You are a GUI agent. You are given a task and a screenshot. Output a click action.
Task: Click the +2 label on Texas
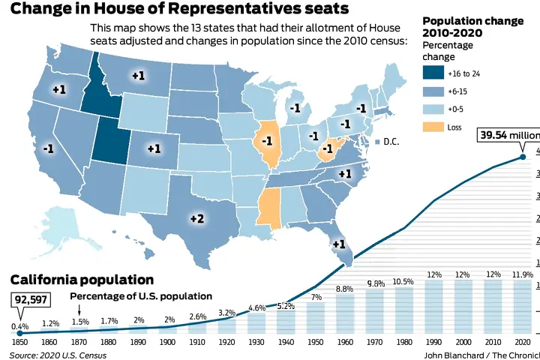[x=196, y=218]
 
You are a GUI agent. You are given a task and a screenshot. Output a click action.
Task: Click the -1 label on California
[x=48, y=148]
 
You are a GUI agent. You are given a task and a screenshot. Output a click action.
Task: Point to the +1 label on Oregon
[x=59, y=88]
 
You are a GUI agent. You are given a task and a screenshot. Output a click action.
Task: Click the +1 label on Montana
[x=138, y=76]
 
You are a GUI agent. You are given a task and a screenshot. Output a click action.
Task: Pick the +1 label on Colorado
[x=154, y=148]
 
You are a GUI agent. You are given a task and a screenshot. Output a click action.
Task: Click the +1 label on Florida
[x=338, y=244]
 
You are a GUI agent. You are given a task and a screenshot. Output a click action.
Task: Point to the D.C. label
[x=389, y=142]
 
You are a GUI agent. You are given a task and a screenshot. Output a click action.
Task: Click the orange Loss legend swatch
[x=432, y=127]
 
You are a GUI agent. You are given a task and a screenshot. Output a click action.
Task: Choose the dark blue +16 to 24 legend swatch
[x=432, y=73]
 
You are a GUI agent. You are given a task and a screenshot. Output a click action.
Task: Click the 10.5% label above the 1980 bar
[x=403, y=281]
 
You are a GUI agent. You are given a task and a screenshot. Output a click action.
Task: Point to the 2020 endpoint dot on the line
[x=523, y=156]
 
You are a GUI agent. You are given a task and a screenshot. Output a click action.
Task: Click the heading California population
[x=82, y=279]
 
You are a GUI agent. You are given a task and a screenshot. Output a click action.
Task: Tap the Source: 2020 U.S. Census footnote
[x=58, y=354]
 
